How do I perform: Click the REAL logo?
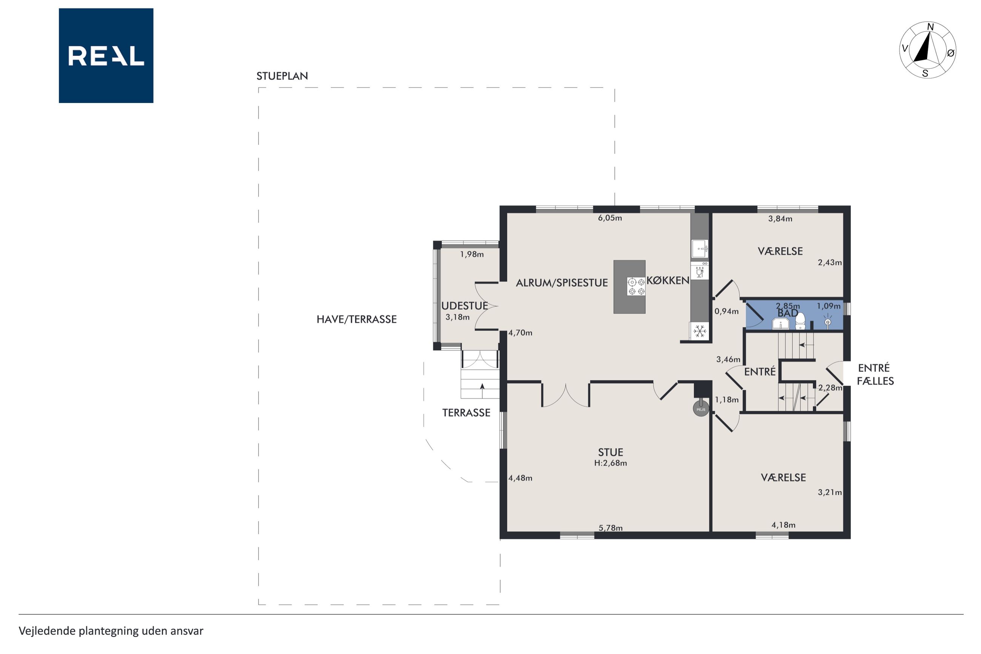click(106, 55)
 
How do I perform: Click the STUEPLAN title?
click(282, 76)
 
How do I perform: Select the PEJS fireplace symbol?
click(701, 409)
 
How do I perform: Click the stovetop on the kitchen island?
click(637, 286)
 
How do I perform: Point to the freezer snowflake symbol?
click(700, 331)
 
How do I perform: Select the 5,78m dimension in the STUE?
click(610, 528)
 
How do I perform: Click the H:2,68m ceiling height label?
click(610, 463)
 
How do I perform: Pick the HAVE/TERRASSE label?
click(357, 319)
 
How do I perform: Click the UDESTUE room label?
click(464, 305)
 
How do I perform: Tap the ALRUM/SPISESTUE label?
click(561, 282)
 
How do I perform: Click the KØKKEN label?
click(668, 280)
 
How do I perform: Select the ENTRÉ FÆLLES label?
click(875, 374)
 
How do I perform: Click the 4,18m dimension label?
click(783, 525)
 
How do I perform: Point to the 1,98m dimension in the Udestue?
click(472, 254)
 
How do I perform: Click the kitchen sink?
click(700, 249)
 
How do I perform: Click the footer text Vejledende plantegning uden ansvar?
click(111, 631)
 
